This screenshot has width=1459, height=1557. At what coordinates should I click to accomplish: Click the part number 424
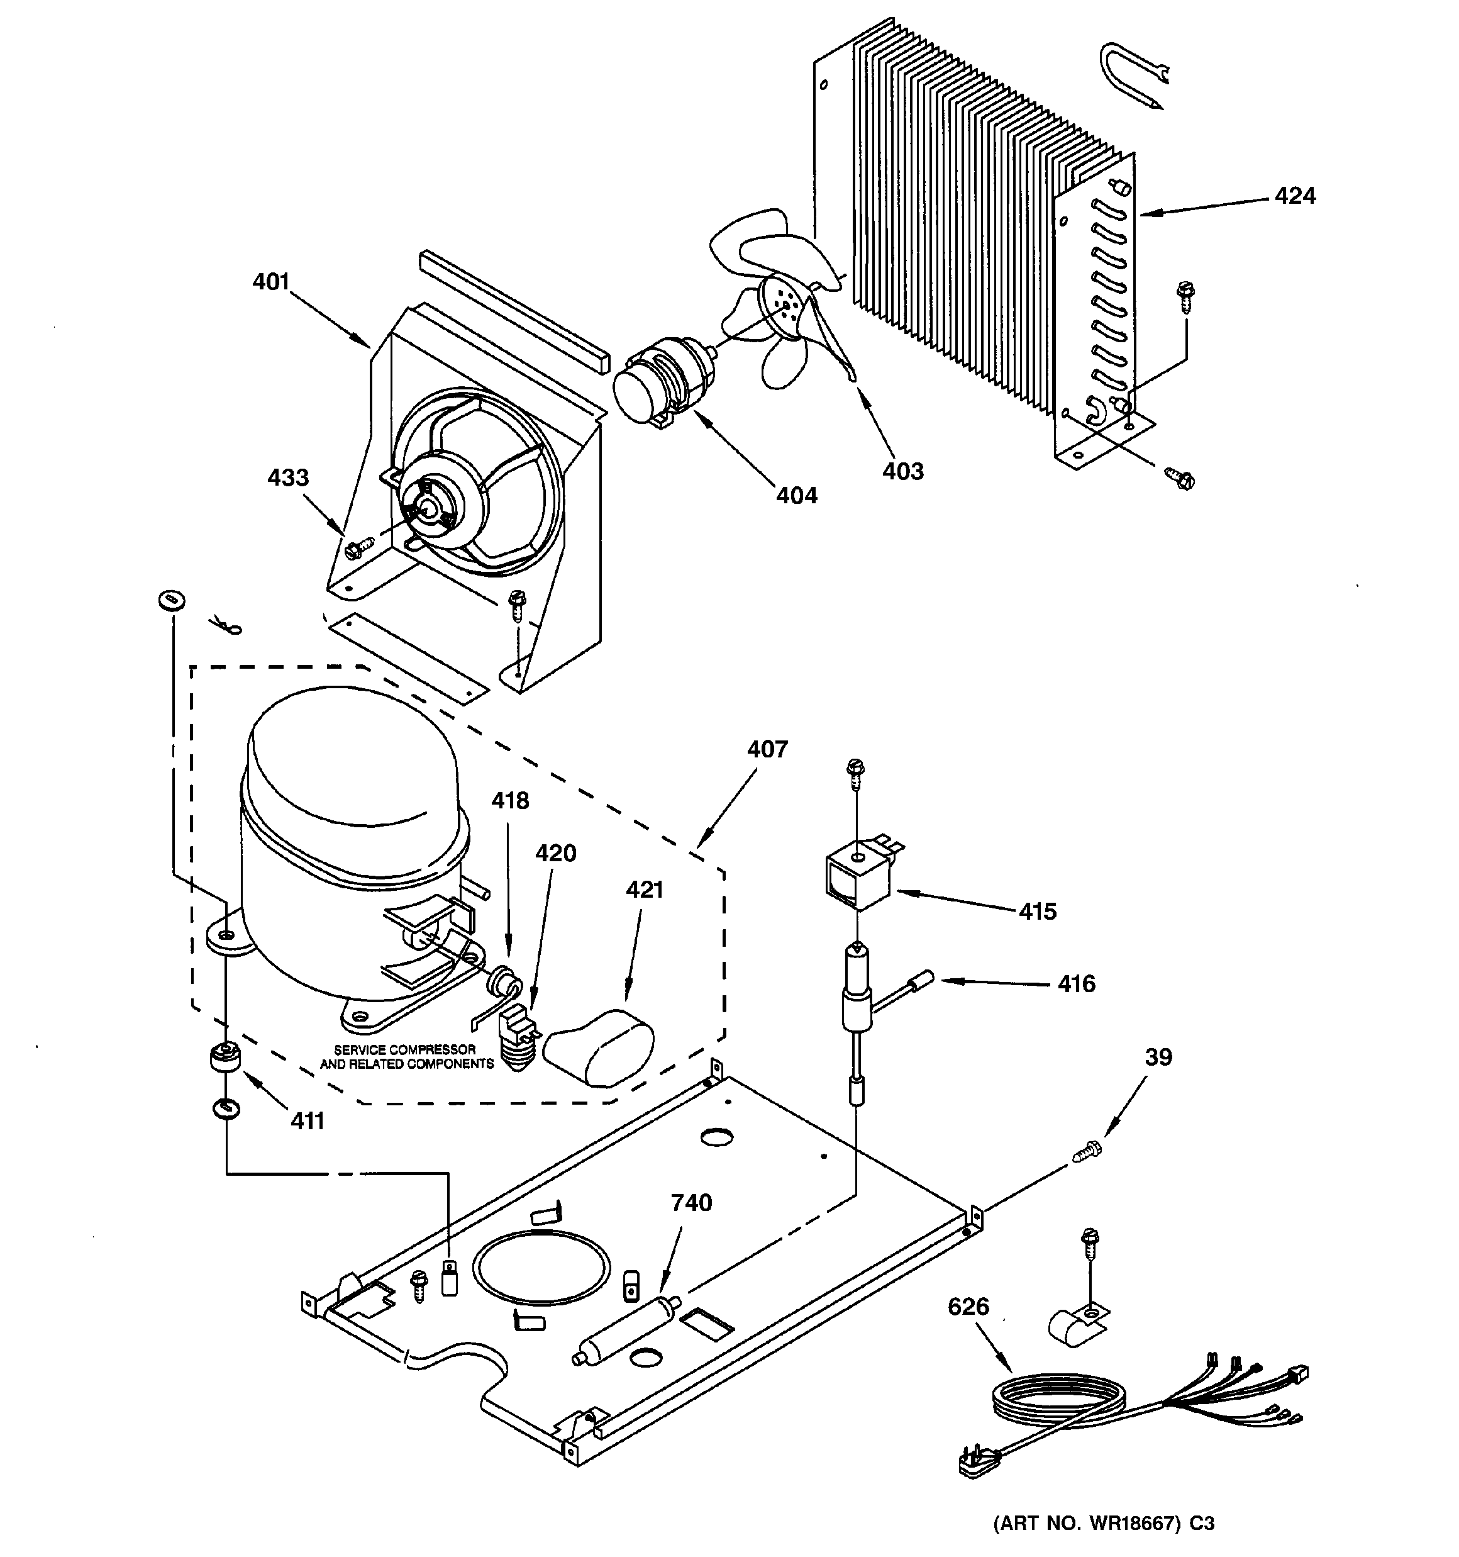coord(1294,196)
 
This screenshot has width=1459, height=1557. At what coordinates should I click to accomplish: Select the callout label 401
coord(271,282)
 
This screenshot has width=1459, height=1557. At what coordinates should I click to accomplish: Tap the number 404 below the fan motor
coord(796,495)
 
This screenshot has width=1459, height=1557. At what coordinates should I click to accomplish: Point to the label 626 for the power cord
coord(968,1307)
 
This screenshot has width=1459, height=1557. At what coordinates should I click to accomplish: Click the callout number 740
coord(692,1202)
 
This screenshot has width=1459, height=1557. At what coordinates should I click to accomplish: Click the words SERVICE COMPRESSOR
coord(405,1049)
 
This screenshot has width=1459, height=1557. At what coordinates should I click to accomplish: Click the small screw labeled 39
coord(1086,1151)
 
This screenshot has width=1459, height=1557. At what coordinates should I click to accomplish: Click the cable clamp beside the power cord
coord(1075,1322)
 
